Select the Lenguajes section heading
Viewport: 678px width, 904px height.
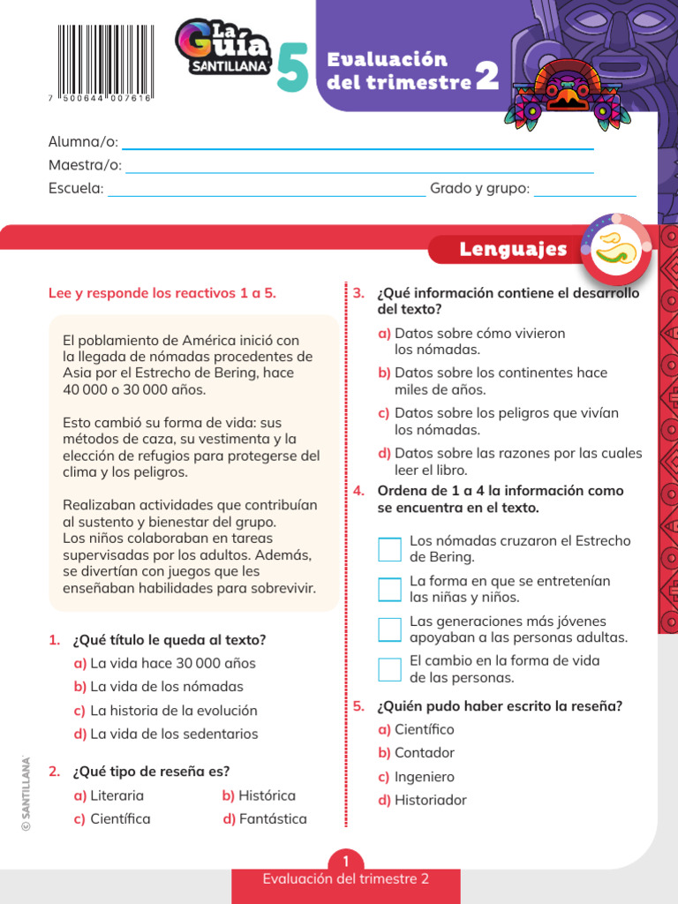513,250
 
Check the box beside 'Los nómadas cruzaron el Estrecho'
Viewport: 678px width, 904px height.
389,549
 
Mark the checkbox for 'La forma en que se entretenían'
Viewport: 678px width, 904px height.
389,589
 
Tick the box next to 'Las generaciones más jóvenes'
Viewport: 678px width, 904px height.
389,629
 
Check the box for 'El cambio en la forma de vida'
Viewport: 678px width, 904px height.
389,669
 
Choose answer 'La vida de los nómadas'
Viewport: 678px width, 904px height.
166,687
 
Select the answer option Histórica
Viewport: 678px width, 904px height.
266,795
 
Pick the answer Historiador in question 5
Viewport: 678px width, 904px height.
430,801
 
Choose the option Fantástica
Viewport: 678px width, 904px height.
272,819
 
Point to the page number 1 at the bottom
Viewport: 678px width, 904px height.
346,861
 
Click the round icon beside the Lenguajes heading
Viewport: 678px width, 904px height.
616,250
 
